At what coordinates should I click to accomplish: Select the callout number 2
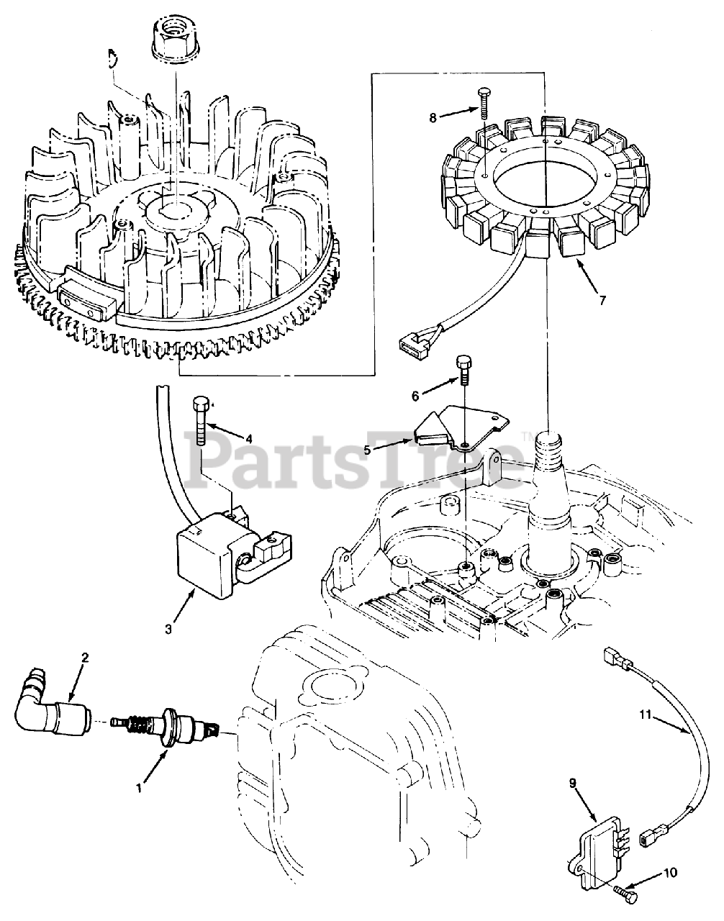click(x=84, y=657)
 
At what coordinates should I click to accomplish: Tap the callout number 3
click(x=168, y=628)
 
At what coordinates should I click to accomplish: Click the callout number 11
click(x=646, y=714)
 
